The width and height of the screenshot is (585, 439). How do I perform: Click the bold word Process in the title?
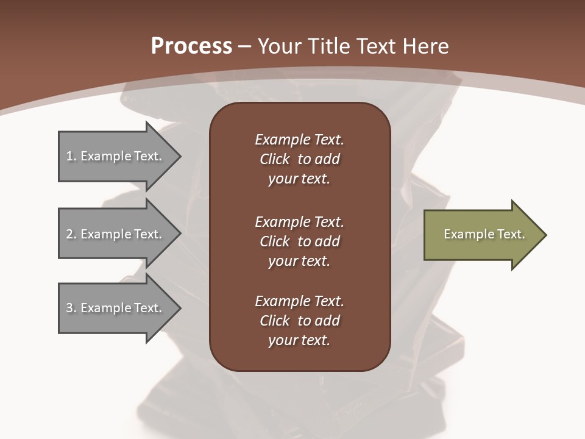[191, 46]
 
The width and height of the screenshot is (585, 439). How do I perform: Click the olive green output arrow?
[481, 235]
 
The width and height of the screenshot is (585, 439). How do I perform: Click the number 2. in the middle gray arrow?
[71, 234]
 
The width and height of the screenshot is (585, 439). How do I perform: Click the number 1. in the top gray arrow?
[71, 156]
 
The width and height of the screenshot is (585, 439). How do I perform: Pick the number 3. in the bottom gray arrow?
[71, 308]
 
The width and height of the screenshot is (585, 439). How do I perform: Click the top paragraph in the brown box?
[299, 159]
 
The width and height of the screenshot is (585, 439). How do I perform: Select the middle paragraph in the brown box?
[299, 241]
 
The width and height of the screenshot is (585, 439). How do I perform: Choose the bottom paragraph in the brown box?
[299, 321]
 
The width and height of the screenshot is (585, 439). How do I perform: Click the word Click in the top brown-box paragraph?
[275, 159]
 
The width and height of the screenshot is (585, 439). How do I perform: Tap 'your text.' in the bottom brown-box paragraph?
[299, 340]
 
